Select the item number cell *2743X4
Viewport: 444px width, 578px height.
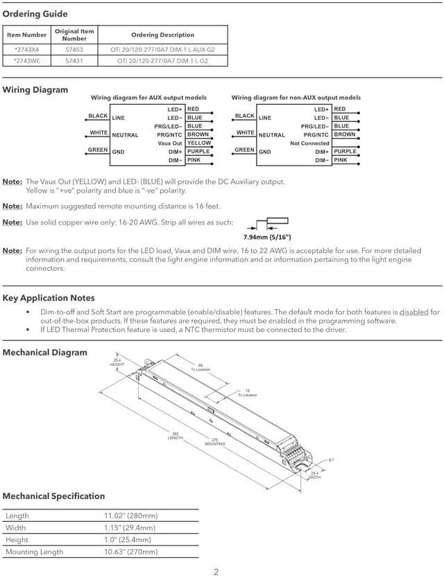point(27,50)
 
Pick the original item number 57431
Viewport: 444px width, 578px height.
point(74,61)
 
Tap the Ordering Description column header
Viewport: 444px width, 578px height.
point(162,35)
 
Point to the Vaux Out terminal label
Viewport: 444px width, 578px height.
point(170,143)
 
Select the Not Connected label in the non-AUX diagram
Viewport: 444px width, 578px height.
point(310,143)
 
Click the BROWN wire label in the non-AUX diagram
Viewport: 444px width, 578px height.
point(345,134)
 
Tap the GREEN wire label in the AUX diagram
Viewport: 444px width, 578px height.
point(97,150)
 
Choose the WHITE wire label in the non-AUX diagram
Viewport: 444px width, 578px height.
point(245,132)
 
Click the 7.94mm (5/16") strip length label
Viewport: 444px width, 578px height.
point(267,237)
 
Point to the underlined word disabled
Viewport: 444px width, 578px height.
point(414,313)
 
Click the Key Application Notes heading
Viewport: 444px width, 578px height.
point(49,298)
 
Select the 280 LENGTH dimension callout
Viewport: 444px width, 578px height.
point(176,436)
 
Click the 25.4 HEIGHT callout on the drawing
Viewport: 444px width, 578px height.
point(117,362)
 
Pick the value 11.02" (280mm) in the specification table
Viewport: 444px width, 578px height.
point(130,516)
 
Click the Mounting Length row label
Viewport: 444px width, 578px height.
point(34,552)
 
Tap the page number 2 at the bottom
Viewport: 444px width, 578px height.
point(216,572)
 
